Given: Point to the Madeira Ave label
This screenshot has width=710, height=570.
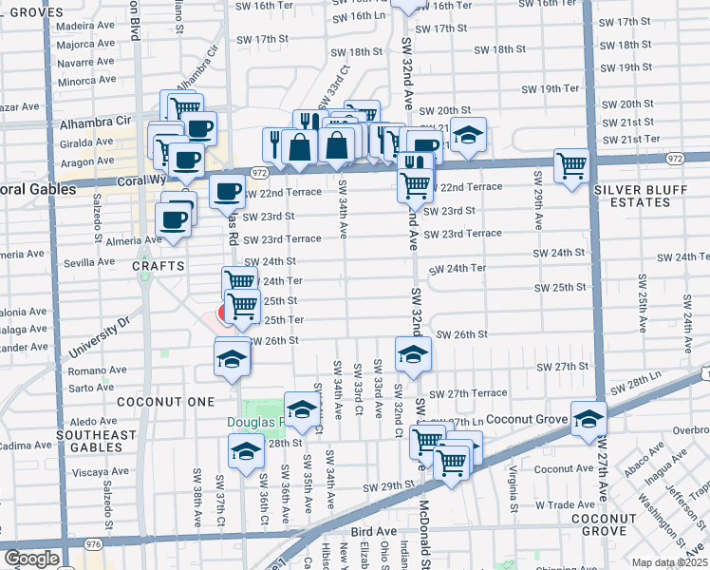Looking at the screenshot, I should pos(84,28).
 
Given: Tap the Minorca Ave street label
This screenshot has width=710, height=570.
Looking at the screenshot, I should pos(84,81).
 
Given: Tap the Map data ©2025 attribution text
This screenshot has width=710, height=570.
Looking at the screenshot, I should pos(670,562).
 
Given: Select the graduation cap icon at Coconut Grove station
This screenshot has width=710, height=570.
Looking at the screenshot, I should pos(589,418).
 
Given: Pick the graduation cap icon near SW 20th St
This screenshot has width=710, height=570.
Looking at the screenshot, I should pos(467,136).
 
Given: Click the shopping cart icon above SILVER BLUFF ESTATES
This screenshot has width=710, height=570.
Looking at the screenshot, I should pos(571,166).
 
